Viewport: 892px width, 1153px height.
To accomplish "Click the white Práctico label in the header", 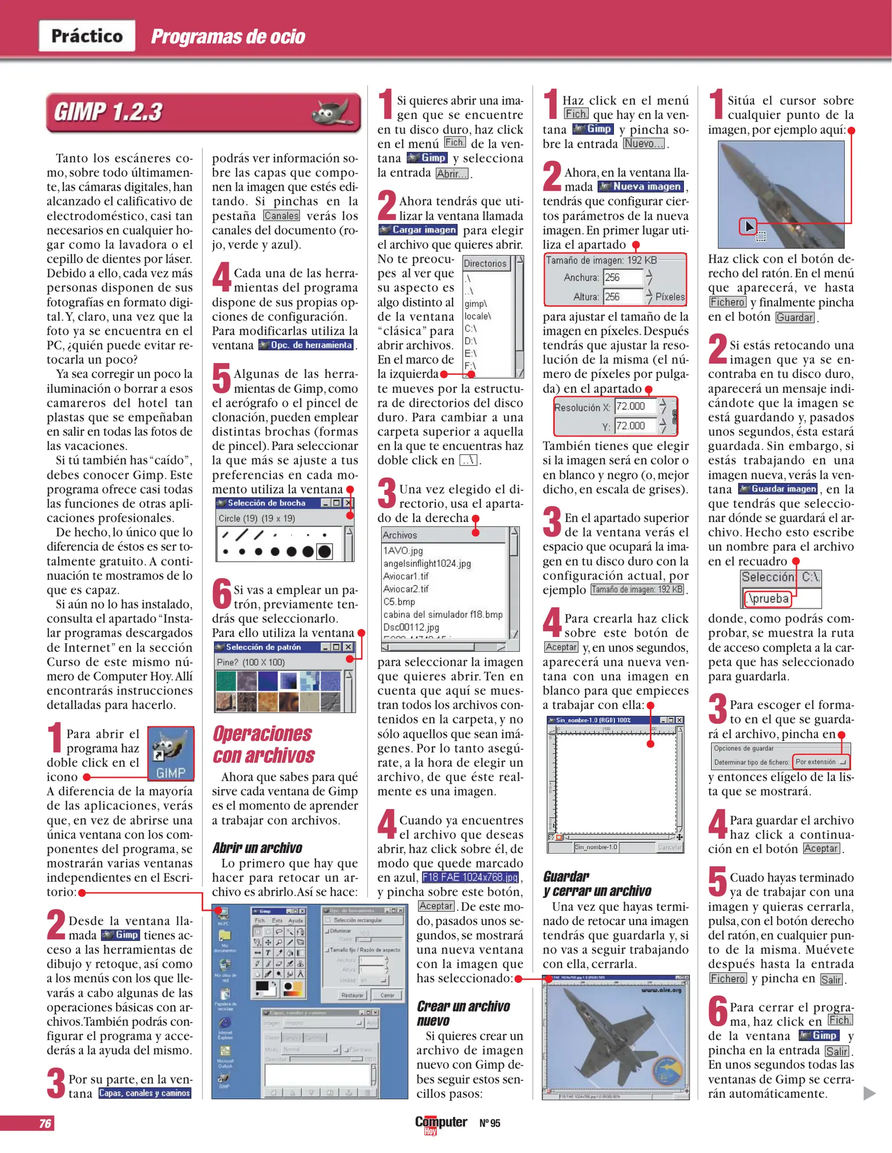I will coord(86,36).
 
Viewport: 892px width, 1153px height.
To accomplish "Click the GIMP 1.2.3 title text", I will coord(108,112).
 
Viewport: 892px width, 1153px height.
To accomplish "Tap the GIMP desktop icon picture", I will coord(170,753).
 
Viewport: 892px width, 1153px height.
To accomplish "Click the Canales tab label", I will coord(281,216).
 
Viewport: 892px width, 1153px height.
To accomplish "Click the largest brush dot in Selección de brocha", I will coord(324,551).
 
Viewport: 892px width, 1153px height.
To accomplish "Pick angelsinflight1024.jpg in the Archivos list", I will coord(427,563).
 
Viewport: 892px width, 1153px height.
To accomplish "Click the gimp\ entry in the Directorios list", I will coord(476,303).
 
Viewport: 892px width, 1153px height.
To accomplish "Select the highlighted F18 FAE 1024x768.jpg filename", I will coord(470,877).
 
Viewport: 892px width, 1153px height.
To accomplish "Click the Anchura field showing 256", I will coord(622,277).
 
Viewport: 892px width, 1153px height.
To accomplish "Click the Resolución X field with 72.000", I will coord(635,406).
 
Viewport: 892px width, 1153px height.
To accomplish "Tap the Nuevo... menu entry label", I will coord(644,144).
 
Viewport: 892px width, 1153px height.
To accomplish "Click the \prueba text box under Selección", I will coord(768,598).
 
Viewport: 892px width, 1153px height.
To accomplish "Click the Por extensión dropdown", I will coord(820,762).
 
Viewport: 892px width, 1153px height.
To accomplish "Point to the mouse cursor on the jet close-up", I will coord(749,226).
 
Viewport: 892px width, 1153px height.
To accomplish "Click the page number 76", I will coord(45,1123).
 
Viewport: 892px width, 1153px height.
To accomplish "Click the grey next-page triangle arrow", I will coord(869,1093).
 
